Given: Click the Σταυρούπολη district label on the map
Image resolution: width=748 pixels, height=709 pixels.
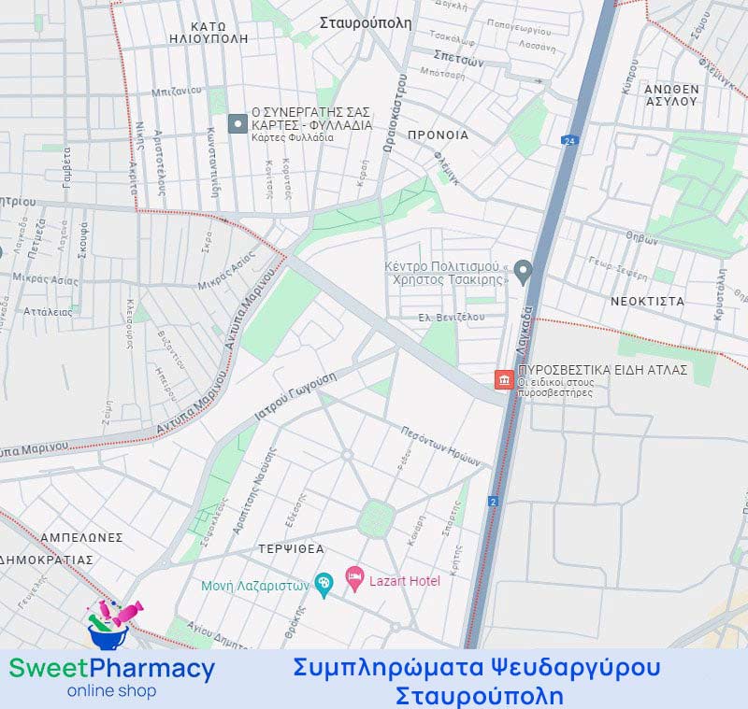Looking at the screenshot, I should (365, 23).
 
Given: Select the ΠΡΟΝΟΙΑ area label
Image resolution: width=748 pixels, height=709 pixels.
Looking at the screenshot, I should (438, 135).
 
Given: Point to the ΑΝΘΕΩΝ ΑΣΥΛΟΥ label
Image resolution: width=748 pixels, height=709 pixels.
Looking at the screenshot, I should (671, 95).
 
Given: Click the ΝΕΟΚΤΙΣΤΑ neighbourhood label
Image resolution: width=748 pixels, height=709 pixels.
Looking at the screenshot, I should (647, 302).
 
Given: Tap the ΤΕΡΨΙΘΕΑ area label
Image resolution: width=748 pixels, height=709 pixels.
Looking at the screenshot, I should (293, 549).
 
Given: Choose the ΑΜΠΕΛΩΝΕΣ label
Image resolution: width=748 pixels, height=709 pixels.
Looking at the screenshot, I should (81, 538).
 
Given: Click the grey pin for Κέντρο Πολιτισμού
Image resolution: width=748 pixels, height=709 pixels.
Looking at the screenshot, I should (524, 272).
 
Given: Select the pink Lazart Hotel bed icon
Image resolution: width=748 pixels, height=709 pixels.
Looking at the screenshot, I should (354, 580).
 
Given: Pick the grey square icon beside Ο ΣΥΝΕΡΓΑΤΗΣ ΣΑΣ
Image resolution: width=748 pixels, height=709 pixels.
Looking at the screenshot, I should (237, 123).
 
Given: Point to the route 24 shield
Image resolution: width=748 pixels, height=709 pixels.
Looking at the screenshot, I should (568, 140).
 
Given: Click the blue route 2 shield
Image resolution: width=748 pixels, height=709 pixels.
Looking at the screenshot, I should (493, 502).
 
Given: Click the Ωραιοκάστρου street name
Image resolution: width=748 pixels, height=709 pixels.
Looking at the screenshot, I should (393, 113).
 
